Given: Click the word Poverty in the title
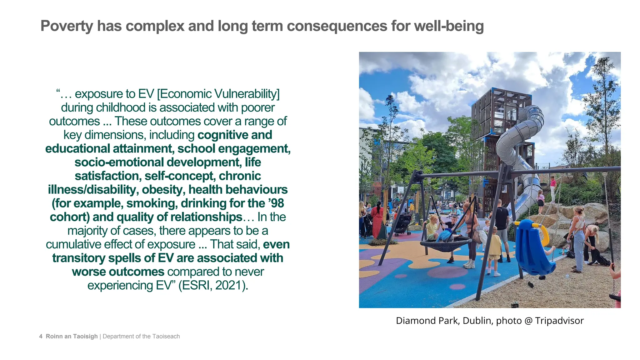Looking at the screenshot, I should pyautogui.click(x=67, y=26).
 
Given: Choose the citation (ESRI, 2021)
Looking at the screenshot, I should pyautogui.click(x=213, y=285).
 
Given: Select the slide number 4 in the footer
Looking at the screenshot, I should pyautogui.click(x=41, y=337).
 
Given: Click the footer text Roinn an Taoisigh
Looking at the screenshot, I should pyautogui.click(x=72, y=337).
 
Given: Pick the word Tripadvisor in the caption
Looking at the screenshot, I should pyautogui.click(x=559, y=321).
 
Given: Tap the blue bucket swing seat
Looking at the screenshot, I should pyautogui.click(x=533, y=247).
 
